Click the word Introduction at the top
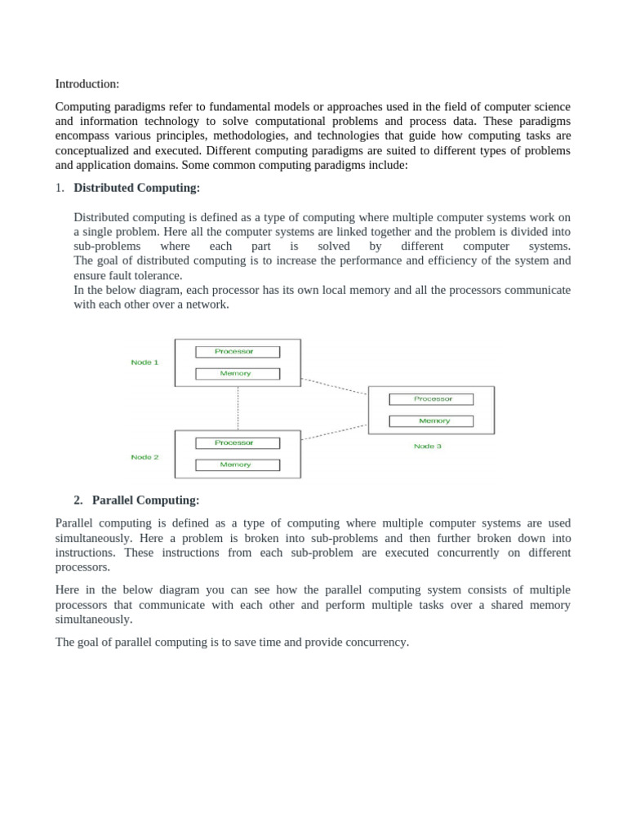[87, 84]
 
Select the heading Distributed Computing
[136, 188]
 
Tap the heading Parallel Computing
[145, 500]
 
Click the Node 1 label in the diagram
[145, 362]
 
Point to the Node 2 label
[145, 457]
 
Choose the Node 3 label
[427, 447]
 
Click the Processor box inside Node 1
[237, 352]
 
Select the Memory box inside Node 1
[237, 374]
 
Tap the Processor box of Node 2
[237, 443]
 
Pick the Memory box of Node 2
[237, 465]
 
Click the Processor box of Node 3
[432, 399]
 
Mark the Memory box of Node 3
[432, 421]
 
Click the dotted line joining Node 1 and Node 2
[238, 408]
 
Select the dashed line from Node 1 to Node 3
[335, 386]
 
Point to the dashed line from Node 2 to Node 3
[335, 432]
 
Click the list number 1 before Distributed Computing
[59, 188]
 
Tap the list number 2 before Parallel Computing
[78, 500]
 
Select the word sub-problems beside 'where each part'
[106, 247]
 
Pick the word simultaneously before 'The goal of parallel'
[93, 620]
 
